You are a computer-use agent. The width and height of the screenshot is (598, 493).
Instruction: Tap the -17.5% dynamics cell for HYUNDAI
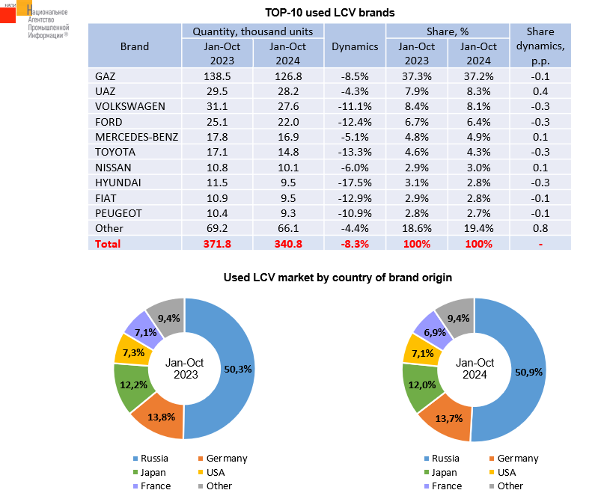[x=355, y=182]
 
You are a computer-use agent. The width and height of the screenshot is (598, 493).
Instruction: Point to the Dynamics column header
[x=355, y=46]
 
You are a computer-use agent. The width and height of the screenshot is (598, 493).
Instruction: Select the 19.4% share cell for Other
[x=478, y=227]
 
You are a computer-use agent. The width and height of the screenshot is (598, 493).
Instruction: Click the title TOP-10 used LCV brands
[x=330, y=13]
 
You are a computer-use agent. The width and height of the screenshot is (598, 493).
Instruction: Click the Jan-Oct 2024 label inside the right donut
[x=475, y=368]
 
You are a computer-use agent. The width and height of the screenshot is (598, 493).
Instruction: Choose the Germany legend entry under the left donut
[x=225, y=459]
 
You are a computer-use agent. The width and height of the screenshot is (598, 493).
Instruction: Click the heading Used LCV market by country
[x=338, y=278]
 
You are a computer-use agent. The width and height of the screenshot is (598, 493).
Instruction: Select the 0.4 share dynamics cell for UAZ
[x=540, y=91]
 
